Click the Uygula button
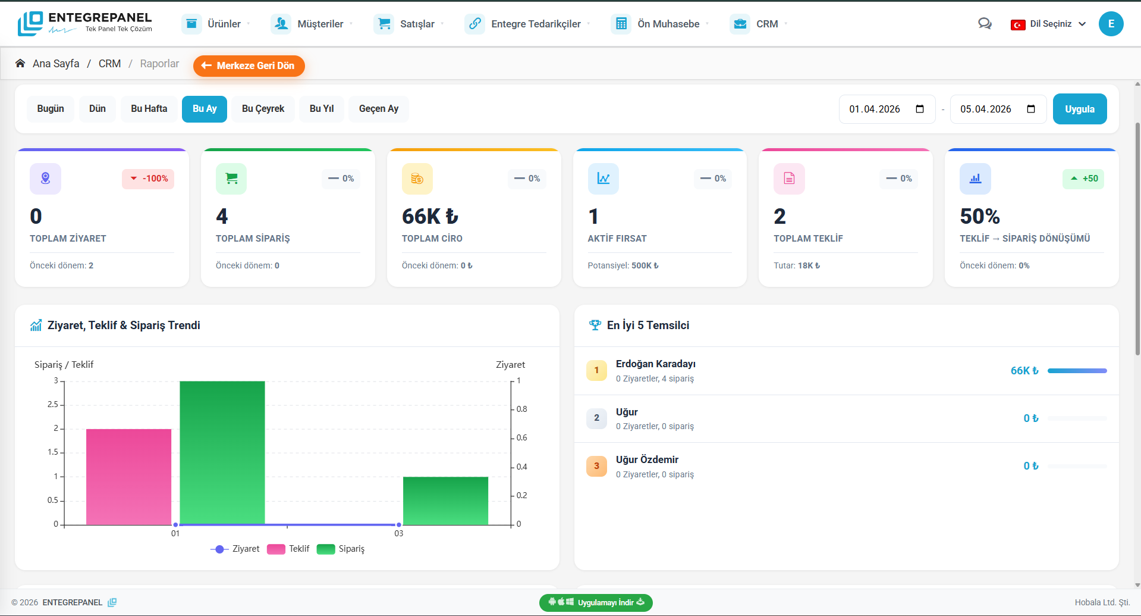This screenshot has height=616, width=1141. click(x=1079, y=109)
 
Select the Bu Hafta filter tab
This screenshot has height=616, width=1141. click(x=149, y=109)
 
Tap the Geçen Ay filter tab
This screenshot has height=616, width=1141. click(x=378, y=109)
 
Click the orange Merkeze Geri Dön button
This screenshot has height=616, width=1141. click(x=249, y=65)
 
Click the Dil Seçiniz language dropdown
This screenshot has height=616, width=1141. click(x=1049, y=24)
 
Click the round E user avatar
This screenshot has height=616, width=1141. click(x=1111, y=24)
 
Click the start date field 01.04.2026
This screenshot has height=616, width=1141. click(x=875, y=109)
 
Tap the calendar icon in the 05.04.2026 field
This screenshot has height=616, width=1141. click(x=1031, y=109)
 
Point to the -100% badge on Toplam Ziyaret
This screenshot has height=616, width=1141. click(x=148, y=179)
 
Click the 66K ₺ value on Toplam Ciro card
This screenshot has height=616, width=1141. click(x=430, y=216)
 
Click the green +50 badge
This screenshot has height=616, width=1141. click(x=1083, y=179)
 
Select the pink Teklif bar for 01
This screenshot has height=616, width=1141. click(x=128, y=476)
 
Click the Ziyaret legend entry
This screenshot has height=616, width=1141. click(x=235, y=549)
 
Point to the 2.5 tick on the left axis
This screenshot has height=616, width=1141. click(x=53, y=405)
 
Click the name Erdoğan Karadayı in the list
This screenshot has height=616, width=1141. click(x=655, y=364)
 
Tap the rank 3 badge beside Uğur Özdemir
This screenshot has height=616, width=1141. click(x=596, y=466)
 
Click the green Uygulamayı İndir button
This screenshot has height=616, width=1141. click(x=596, y=602)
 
